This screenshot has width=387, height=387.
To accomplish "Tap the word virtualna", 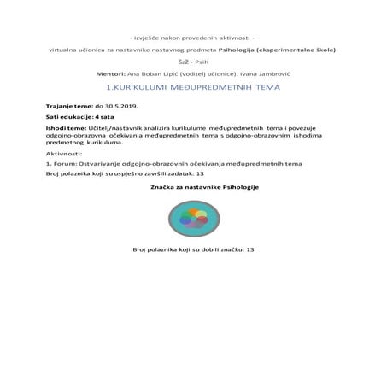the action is pyautogui.click(x=64, y=50).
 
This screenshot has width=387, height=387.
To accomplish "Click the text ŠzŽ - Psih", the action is pyautogui.click(x=193, y=62).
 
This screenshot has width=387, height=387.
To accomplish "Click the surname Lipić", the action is pyautogui.click(x=189, y=73).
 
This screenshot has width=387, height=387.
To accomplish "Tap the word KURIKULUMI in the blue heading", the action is pyautogui.click(x=147, y=87).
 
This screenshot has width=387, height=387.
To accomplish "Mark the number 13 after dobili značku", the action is pyautogui.click(x=250, y=249).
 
